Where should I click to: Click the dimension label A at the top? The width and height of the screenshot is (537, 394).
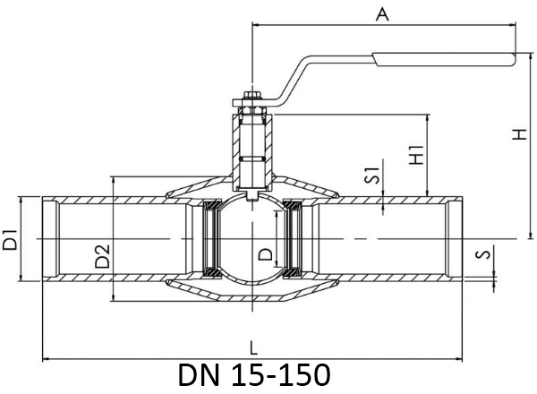point(382,14)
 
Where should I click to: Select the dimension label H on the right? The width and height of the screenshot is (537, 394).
point(519,134)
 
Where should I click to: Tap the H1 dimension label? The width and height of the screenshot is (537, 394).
point(417,155)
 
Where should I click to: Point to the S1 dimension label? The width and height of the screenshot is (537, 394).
point(372,176)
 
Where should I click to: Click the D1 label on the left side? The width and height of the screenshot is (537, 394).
point(10,240)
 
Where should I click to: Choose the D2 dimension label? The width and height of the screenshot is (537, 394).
point(102,256)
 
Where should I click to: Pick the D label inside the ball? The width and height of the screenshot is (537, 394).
point(266,254)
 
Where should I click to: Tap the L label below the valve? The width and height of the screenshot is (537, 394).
point(253,348)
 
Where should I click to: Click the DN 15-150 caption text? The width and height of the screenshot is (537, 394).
point(254,375)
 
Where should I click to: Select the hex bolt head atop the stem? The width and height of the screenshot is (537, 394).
point(252,95)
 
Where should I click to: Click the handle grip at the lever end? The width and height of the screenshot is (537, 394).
point(444,59)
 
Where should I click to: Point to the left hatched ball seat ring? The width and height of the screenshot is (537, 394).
point(212,239)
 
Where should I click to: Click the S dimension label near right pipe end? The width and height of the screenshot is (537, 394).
point(483,254)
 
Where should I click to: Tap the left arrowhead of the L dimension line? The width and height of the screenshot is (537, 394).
point(47,359)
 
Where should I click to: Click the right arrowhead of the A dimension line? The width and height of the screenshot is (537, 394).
point(512,25)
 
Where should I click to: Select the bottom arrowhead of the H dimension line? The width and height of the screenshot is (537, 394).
point(531,235)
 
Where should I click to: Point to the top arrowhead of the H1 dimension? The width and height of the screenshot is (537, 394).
point(428,118)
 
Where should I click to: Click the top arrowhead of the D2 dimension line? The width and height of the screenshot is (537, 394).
point(113,181)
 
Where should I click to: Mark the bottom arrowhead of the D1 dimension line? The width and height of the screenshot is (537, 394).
point(21,278)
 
